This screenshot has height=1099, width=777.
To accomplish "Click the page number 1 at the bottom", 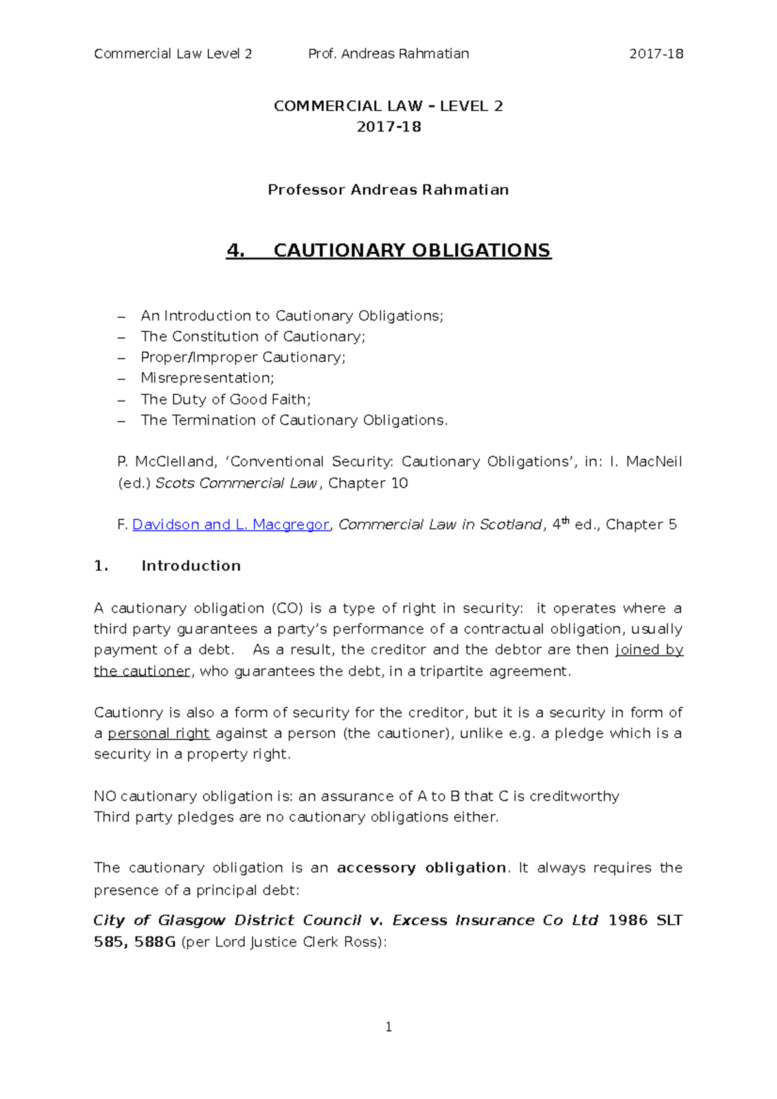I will (388, 1027).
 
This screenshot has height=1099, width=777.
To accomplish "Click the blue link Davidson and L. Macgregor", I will (231, 525).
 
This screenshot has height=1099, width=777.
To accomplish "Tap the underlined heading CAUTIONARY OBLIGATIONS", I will (412, 250).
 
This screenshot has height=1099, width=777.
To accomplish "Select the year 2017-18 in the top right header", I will (656, 54).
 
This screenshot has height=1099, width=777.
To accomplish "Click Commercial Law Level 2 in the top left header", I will (173, 54).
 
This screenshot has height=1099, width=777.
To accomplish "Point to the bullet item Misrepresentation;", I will (207, 378).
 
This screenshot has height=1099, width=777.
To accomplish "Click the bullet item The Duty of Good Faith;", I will (225, 399).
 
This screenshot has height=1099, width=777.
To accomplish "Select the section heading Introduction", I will (191, 566).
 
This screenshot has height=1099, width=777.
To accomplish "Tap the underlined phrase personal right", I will (159, 733).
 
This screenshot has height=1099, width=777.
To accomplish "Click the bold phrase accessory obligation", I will (422, 868).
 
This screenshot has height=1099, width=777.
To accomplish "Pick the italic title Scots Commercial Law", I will (236, 483).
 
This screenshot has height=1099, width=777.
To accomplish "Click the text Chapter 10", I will (368, 483).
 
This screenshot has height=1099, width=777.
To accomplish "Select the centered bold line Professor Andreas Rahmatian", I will (388, 190).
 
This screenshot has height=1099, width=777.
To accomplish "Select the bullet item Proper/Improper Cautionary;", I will (243, 357).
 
